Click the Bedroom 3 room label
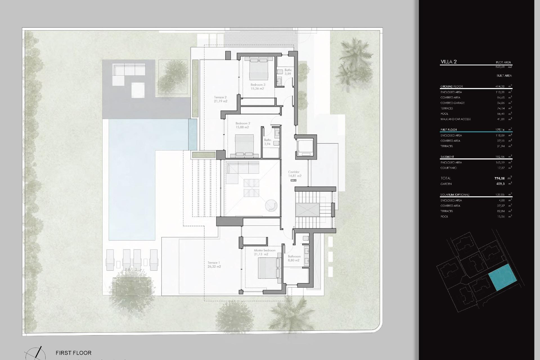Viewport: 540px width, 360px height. [x=258, y=85]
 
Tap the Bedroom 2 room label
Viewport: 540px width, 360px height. [x=242, y=123]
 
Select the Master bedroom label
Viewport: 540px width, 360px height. [x=264, y=250]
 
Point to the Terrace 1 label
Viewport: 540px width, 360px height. [x=213, y=263]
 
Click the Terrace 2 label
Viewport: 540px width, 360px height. [x=220, y=97]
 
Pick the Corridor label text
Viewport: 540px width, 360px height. [x=294, y=172]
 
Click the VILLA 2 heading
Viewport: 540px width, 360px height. [x=449, y=62]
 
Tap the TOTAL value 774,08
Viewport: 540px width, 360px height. [x=499, y=178]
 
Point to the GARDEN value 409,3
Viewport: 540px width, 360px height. [x=500, y=184]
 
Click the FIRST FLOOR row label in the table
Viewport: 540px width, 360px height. [x=449, y=130]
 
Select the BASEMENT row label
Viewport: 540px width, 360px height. [x=447, y=157]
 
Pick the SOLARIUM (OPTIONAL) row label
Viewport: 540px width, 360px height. [x=455, y=195]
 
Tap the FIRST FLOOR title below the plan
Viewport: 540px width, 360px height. [x=73, y=353]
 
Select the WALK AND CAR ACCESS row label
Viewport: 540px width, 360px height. [x=455, y=119]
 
